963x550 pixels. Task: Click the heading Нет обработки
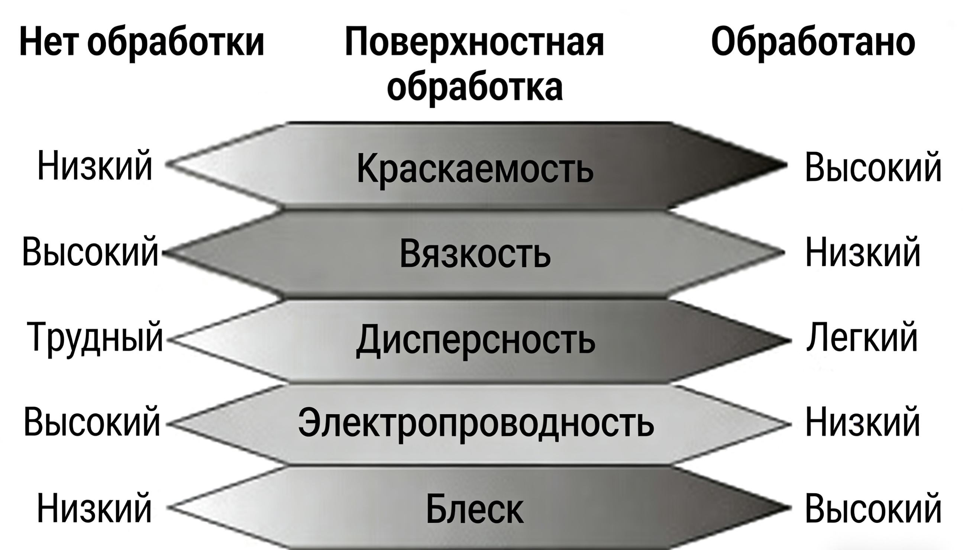141,42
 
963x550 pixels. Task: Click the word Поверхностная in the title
474,42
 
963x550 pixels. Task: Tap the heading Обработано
812,42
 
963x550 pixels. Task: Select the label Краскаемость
475,168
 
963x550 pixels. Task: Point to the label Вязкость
475,254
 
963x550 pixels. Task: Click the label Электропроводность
476,423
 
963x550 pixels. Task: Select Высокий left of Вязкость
90,252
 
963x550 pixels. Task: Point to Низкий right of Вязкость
863,252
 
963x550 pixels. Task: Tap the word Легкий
862,337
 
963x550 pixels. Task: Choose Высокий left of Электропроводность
91,422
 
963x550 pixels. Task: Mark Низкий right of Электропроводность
863,422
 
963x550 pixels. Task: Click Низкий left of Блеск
94,508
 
